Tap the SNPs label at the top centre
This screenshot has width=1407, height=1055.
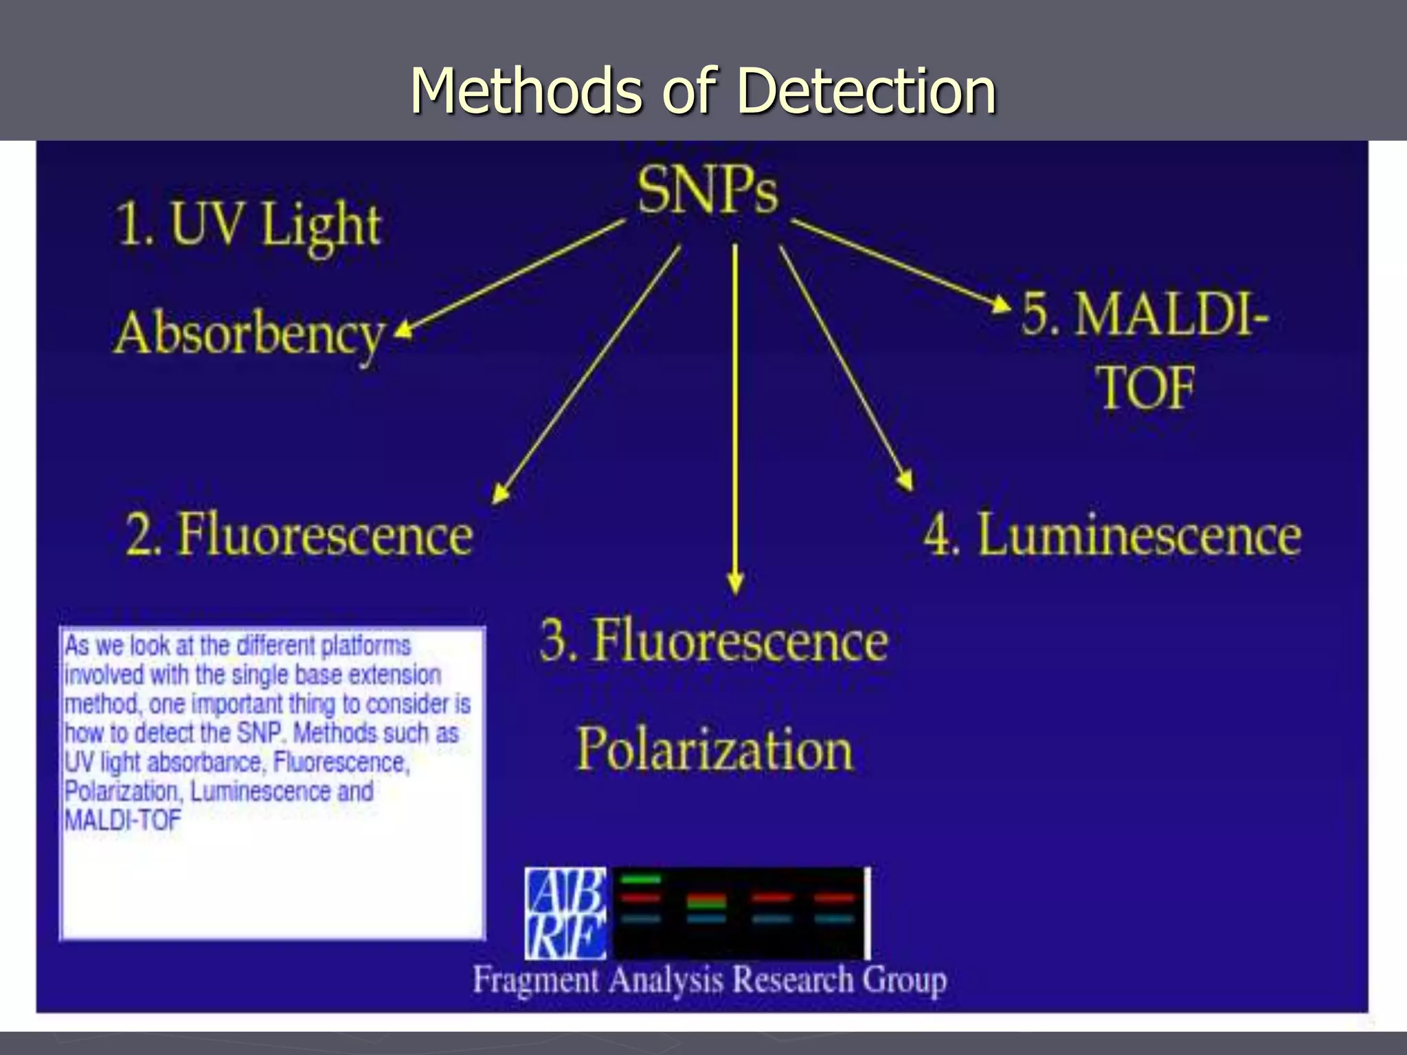[x=708, y=190]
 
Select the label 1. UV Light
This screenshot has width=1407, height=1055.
[x=247, y=225]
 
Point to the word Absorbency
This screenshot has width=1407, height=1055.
[x=249, y=335]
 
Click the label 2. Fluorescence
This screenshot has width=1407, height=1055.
[x=300, y=534]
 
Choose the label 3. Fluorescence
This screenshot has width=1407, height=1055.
[x=713, y=640]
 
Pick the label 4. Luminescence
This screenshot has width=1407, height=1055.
[x=1112, y=534]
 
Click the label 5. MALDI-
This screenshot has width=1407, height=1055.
[x=1145, y=314]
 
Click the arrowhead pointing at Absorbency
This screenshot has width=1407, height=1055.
[x=403, y=330]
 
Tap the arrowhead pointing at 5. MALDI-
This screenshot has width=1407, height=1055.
[x=1002, y=303]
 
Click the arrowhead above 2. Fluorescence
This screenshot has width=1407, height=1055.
[x=501, y=492]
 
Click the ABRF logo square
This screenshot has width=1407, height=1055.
[x=565, y=914]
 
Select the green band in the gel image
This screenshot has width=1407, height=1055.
[x=640, y=879]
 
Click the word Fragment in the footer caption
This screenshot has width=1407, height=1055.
[x=536, y=979]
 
